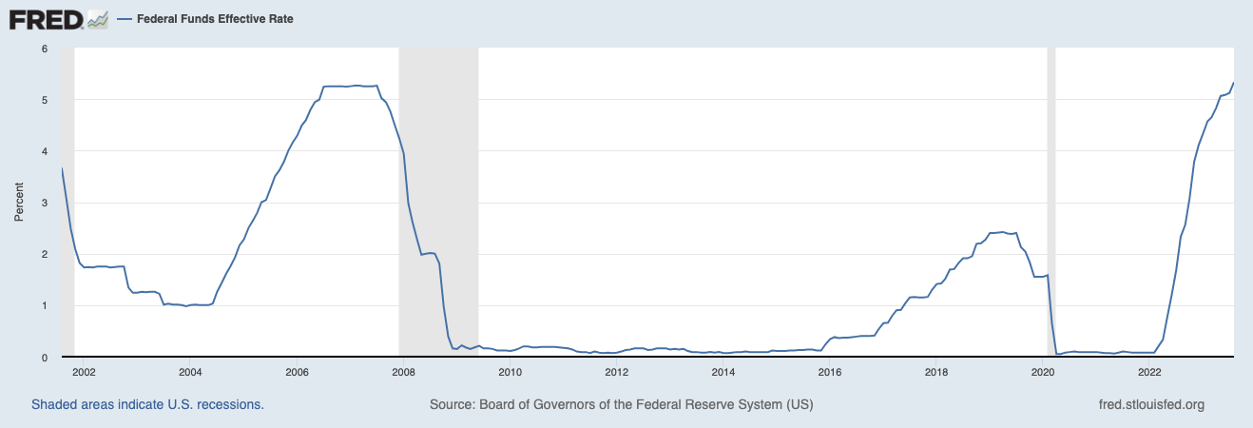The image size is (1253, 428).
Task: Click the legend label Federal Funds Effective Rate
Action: [215, 19]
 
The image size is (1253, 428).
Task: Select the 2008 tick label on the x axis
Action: [403, 372]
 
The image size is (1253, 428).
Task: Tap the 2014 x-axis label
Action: [723, 372]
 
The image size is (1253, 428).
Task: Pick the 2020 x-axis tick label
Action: [1044, 372]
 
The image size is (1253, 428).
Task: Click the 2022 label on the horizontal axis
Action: [1150, 372]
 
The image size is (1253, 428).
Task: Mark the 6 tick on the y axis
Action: [45, 49]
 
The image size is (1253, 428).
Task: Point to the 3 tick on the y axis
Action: [45, 203]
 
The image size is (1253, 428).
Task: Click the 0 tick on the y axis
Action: [45, 358]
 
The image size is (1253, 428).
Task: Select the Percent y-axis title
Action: [18, 203]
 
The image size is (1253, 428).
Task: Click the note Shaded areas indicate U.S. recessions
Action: [147, 404]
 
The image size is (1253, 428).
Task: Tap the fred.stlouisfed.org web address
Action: [1150, 404]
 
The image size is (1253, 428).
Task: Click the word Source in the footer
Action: [452, 404]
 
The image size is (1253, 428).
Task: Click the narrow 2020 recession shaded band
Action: [1051, 190]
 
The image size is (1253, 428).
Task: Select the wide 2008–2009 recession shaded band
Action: [438, 190]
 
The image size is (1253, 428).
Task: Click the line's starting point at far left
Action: [62, 168]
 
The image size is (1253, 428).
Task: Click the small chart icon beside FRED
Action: [96, 19]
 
